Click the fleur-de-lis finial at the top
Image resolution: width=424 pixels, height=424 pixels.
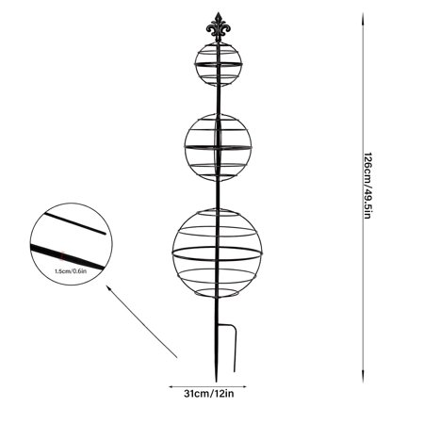[219, 26]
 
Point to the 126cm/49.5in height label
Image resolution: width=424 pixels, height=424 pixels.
[367, 186]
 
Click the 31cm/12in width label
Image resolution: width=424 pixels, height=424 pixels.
[209, 394]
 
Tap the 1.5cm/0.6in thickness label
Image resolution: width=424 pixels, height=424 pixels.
[71, 271]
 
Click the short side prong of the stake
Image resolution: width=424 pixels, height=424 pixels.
[234, 347]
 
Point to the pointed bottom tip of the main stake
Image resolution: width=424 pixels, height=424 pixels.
[217, 380]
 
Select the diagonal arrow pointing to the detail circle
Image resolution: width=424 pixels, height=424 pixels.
[141, 321]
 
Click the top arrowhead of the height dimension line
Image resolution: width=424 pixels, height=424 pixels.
[363, 17]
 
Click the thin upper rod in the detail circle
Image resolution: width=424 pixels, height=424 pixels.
[74, 223]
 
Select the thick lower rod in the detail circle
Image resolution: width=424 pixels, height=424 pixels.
[67, 257]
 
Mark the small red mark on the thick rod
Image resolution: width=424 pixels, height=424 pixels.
[63, 256]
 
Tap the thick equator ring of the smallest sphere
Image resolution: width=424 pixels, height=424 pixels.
[219, 64]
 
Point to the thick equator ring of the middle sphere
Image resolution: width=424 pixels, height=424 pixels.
[219, 147]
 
